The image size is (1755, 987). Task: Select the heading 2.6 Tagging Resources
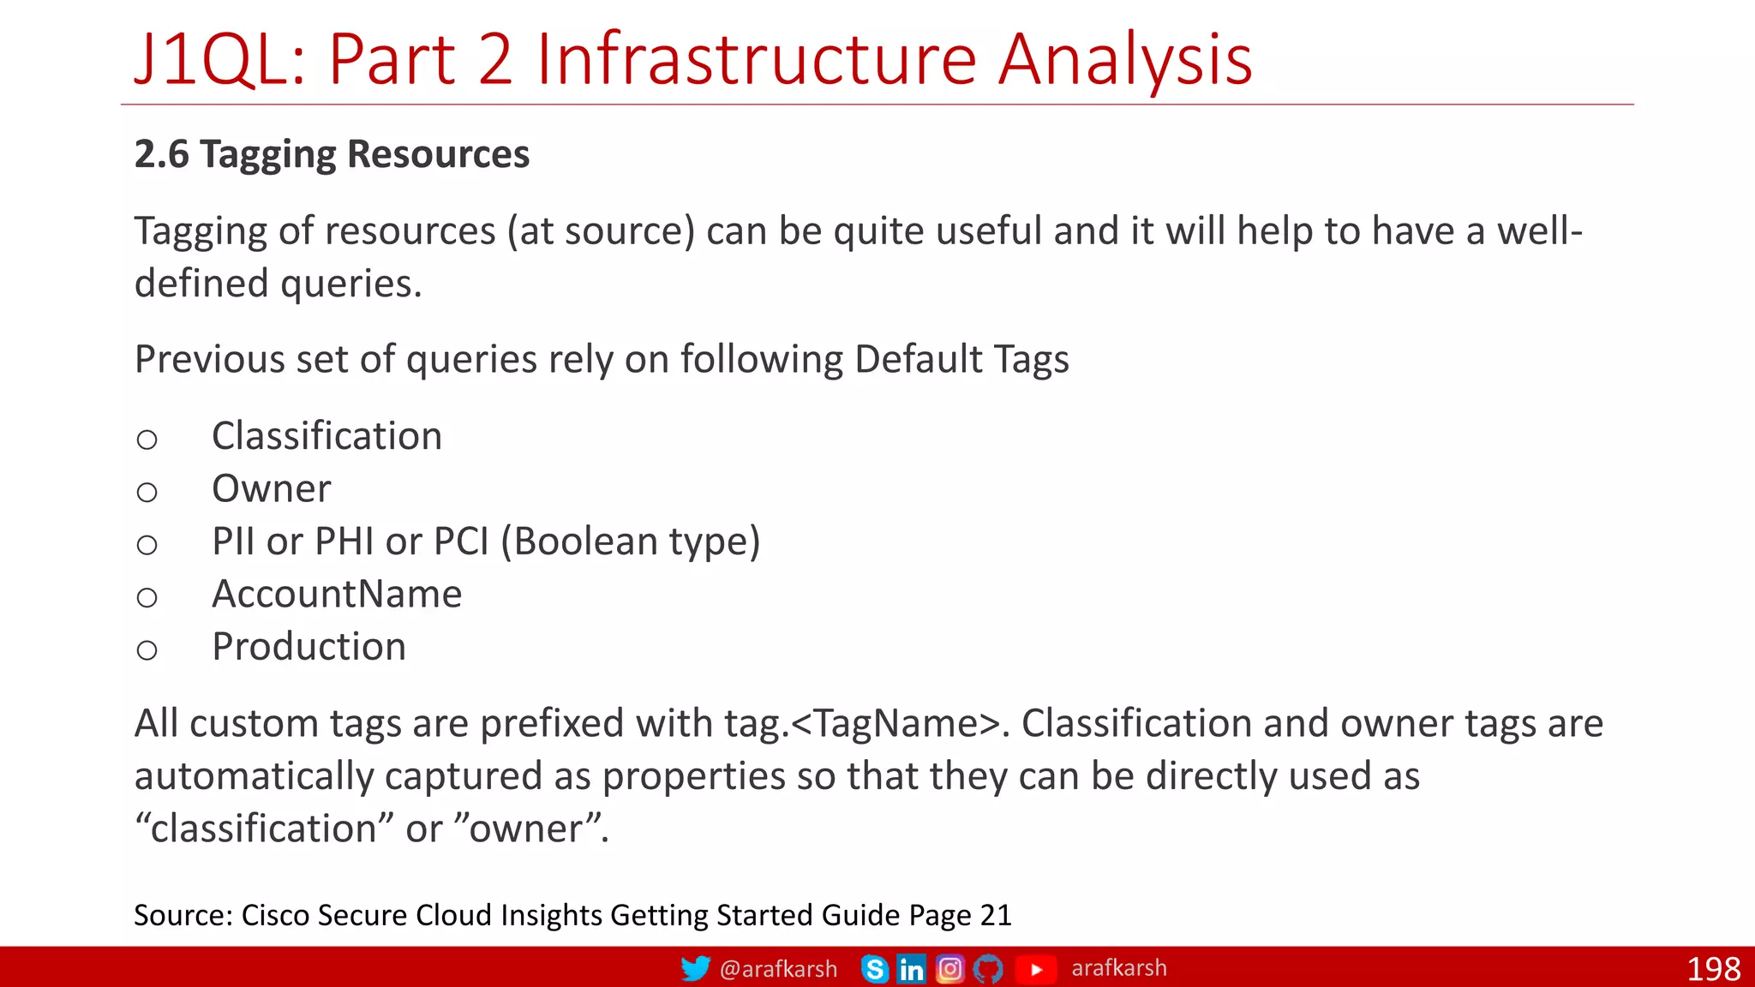coord(332,155)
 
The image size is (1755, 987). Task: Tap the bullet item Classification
coord(326,436)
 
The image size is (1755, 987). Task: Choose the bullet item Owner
coord(271,489)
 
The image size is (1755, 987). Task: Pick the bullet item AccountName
coord(337,595)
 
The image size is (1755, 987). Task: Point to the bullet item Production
coord(308,647)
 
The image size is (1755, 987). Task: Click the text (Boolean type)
coord(630,541)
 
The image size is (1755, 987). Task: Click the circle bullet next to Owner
coord(147,493)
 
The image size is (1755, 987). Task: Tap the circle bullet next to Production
coord(147,650)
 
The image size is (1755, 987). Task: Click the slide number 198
coord(1713,969)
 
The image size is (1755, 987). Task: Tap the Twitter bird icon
coord(695,968)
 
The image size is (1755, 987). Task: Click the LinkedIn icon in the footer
coord(912,969)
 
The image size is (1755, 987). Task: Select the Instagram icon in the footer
coord(949,969)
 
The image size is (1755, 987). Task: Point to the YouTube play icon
coord(1035,969)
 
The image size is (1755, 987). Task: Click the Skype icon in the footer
coord(875,969)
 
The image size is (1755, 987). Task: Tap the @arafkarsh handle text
coord(778,969)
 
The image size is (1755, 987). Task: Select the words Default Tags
coord(961,360)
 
